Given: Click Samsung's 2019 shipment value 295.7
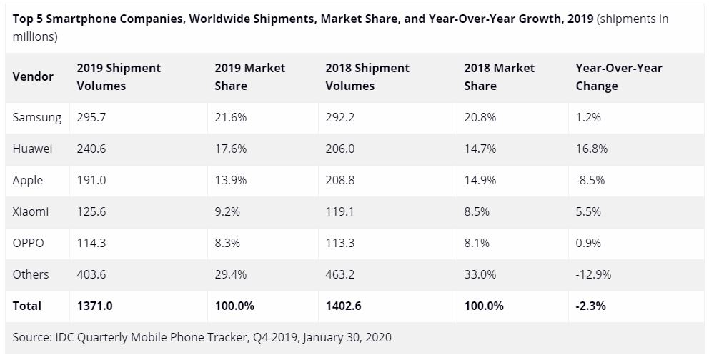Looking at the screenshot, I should [91, 117].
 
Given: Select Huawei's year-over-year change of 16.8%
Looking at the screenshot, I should [591, 149].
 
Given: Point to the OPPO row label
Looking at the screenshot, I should [29, 243].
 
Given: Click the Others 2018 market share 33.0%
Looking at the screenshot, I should [480, 274].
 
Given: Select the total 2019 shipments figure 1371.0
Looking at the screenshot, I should [95, 306].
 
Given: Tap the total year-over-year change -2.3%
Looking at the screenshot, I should [591, 306].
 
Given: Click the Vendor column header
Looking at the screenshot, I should [33, 76].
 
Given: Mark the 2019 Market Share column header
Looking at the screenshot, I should [249, 76].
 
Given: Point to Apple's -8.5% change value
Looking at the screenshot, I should [590, 180].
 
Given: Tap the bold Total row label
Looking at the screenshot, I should [27, 306].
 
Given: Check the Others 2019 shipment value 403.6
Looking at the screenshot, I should [91, 274].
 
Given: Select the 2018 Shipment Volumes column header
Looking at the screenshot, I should [367, 76].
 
